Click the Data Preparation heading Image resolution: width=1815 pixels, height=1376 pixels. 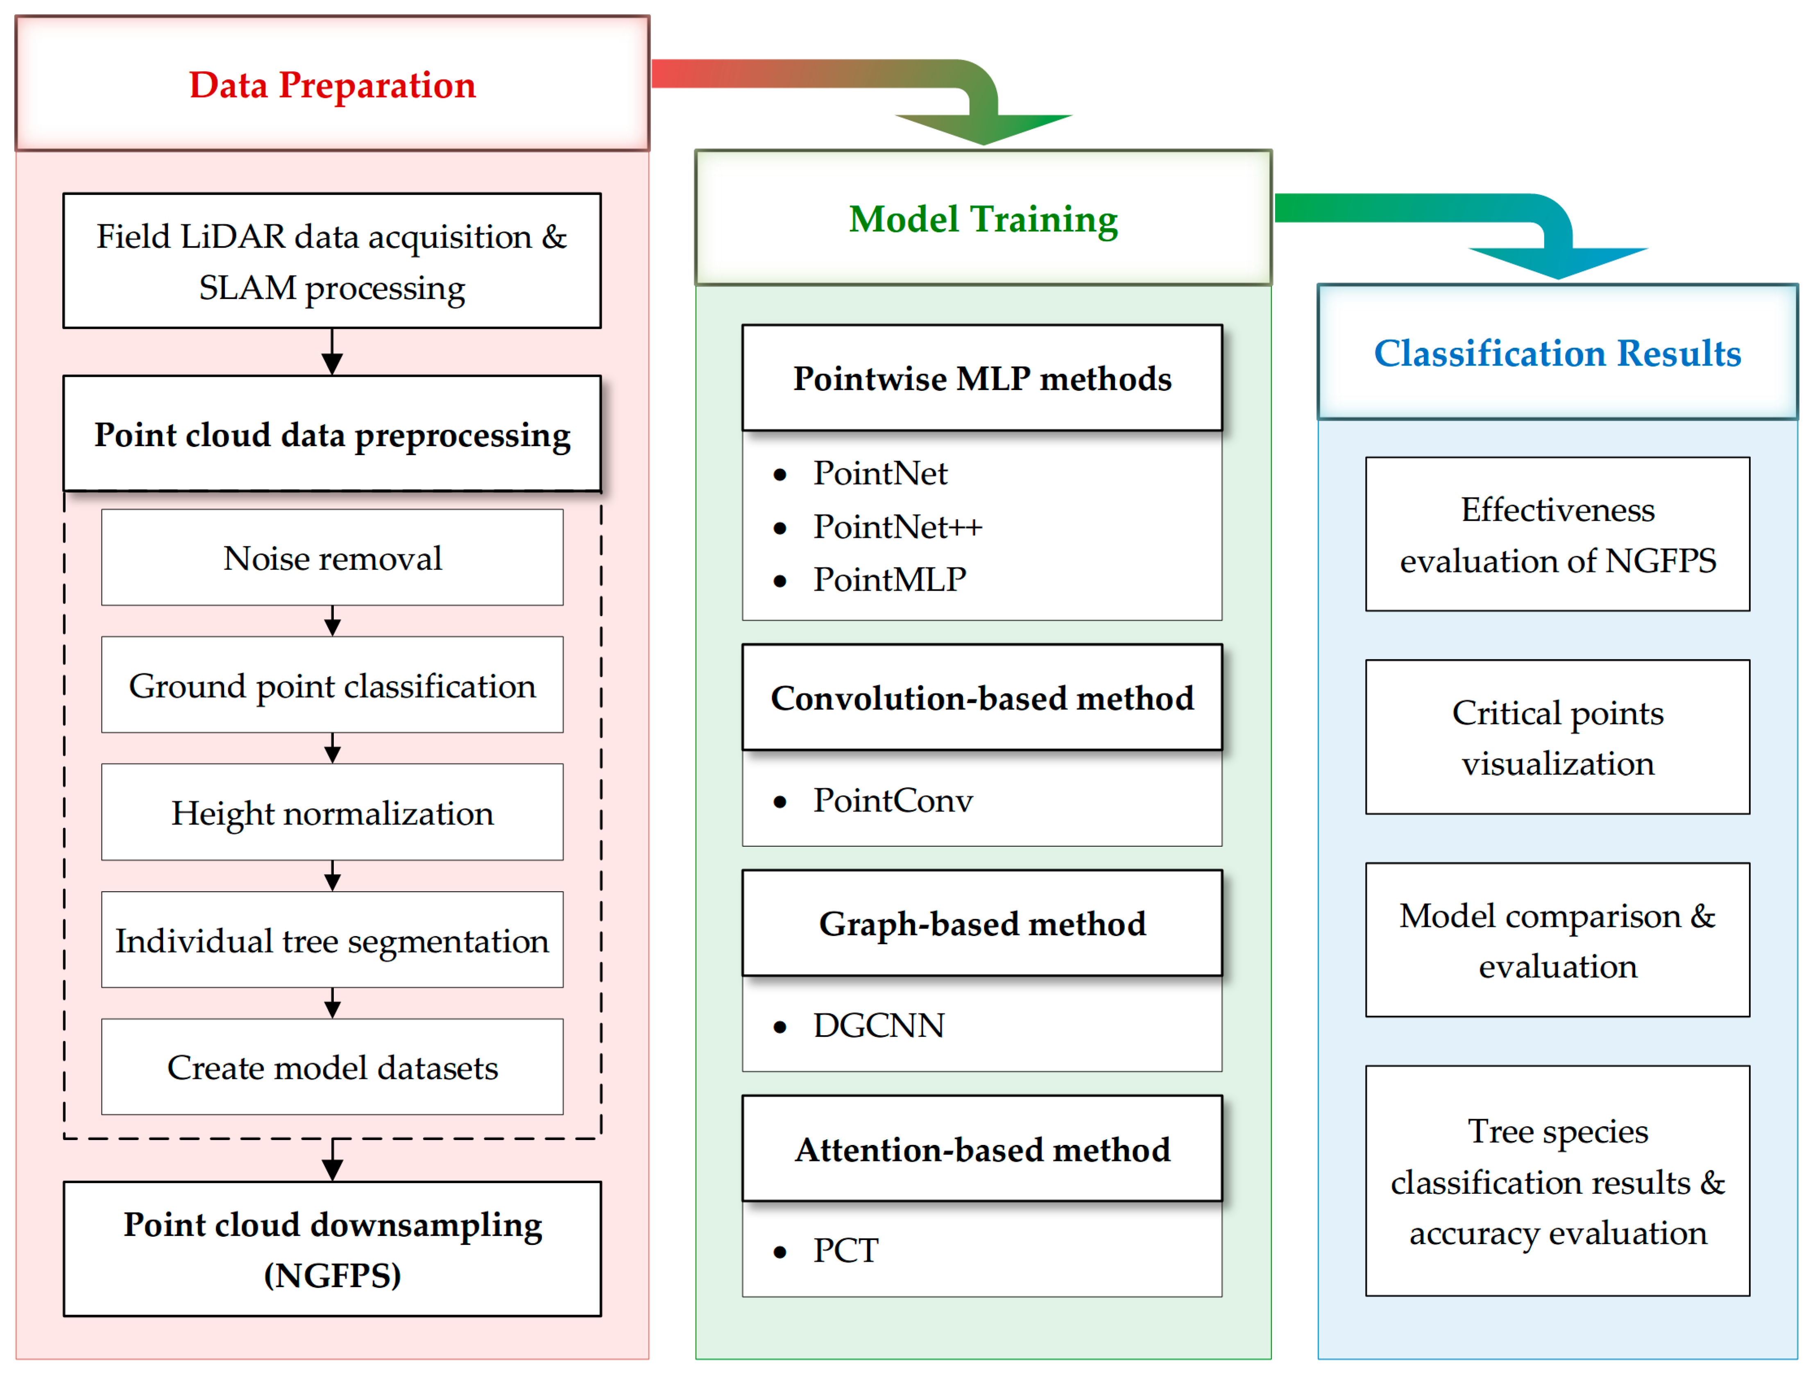(x=332, y=84)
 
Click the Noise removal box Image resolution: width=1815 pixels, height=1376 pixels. (x=332, y=558)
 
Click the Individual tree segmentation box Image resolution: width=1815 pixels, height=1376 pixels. (x=332, y=940)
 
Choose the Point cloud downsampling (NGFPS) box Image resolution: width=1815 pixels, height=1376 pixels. (x=332, y=1249)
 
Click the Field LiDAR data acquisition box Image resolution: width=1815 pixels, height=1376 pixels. (x=332, y=261)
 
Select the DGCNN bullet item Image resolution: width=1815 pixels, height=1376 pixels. (x=878, y=1026)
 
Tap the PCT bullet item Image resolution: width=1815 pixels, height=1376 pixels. (x=845, y=1251)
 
